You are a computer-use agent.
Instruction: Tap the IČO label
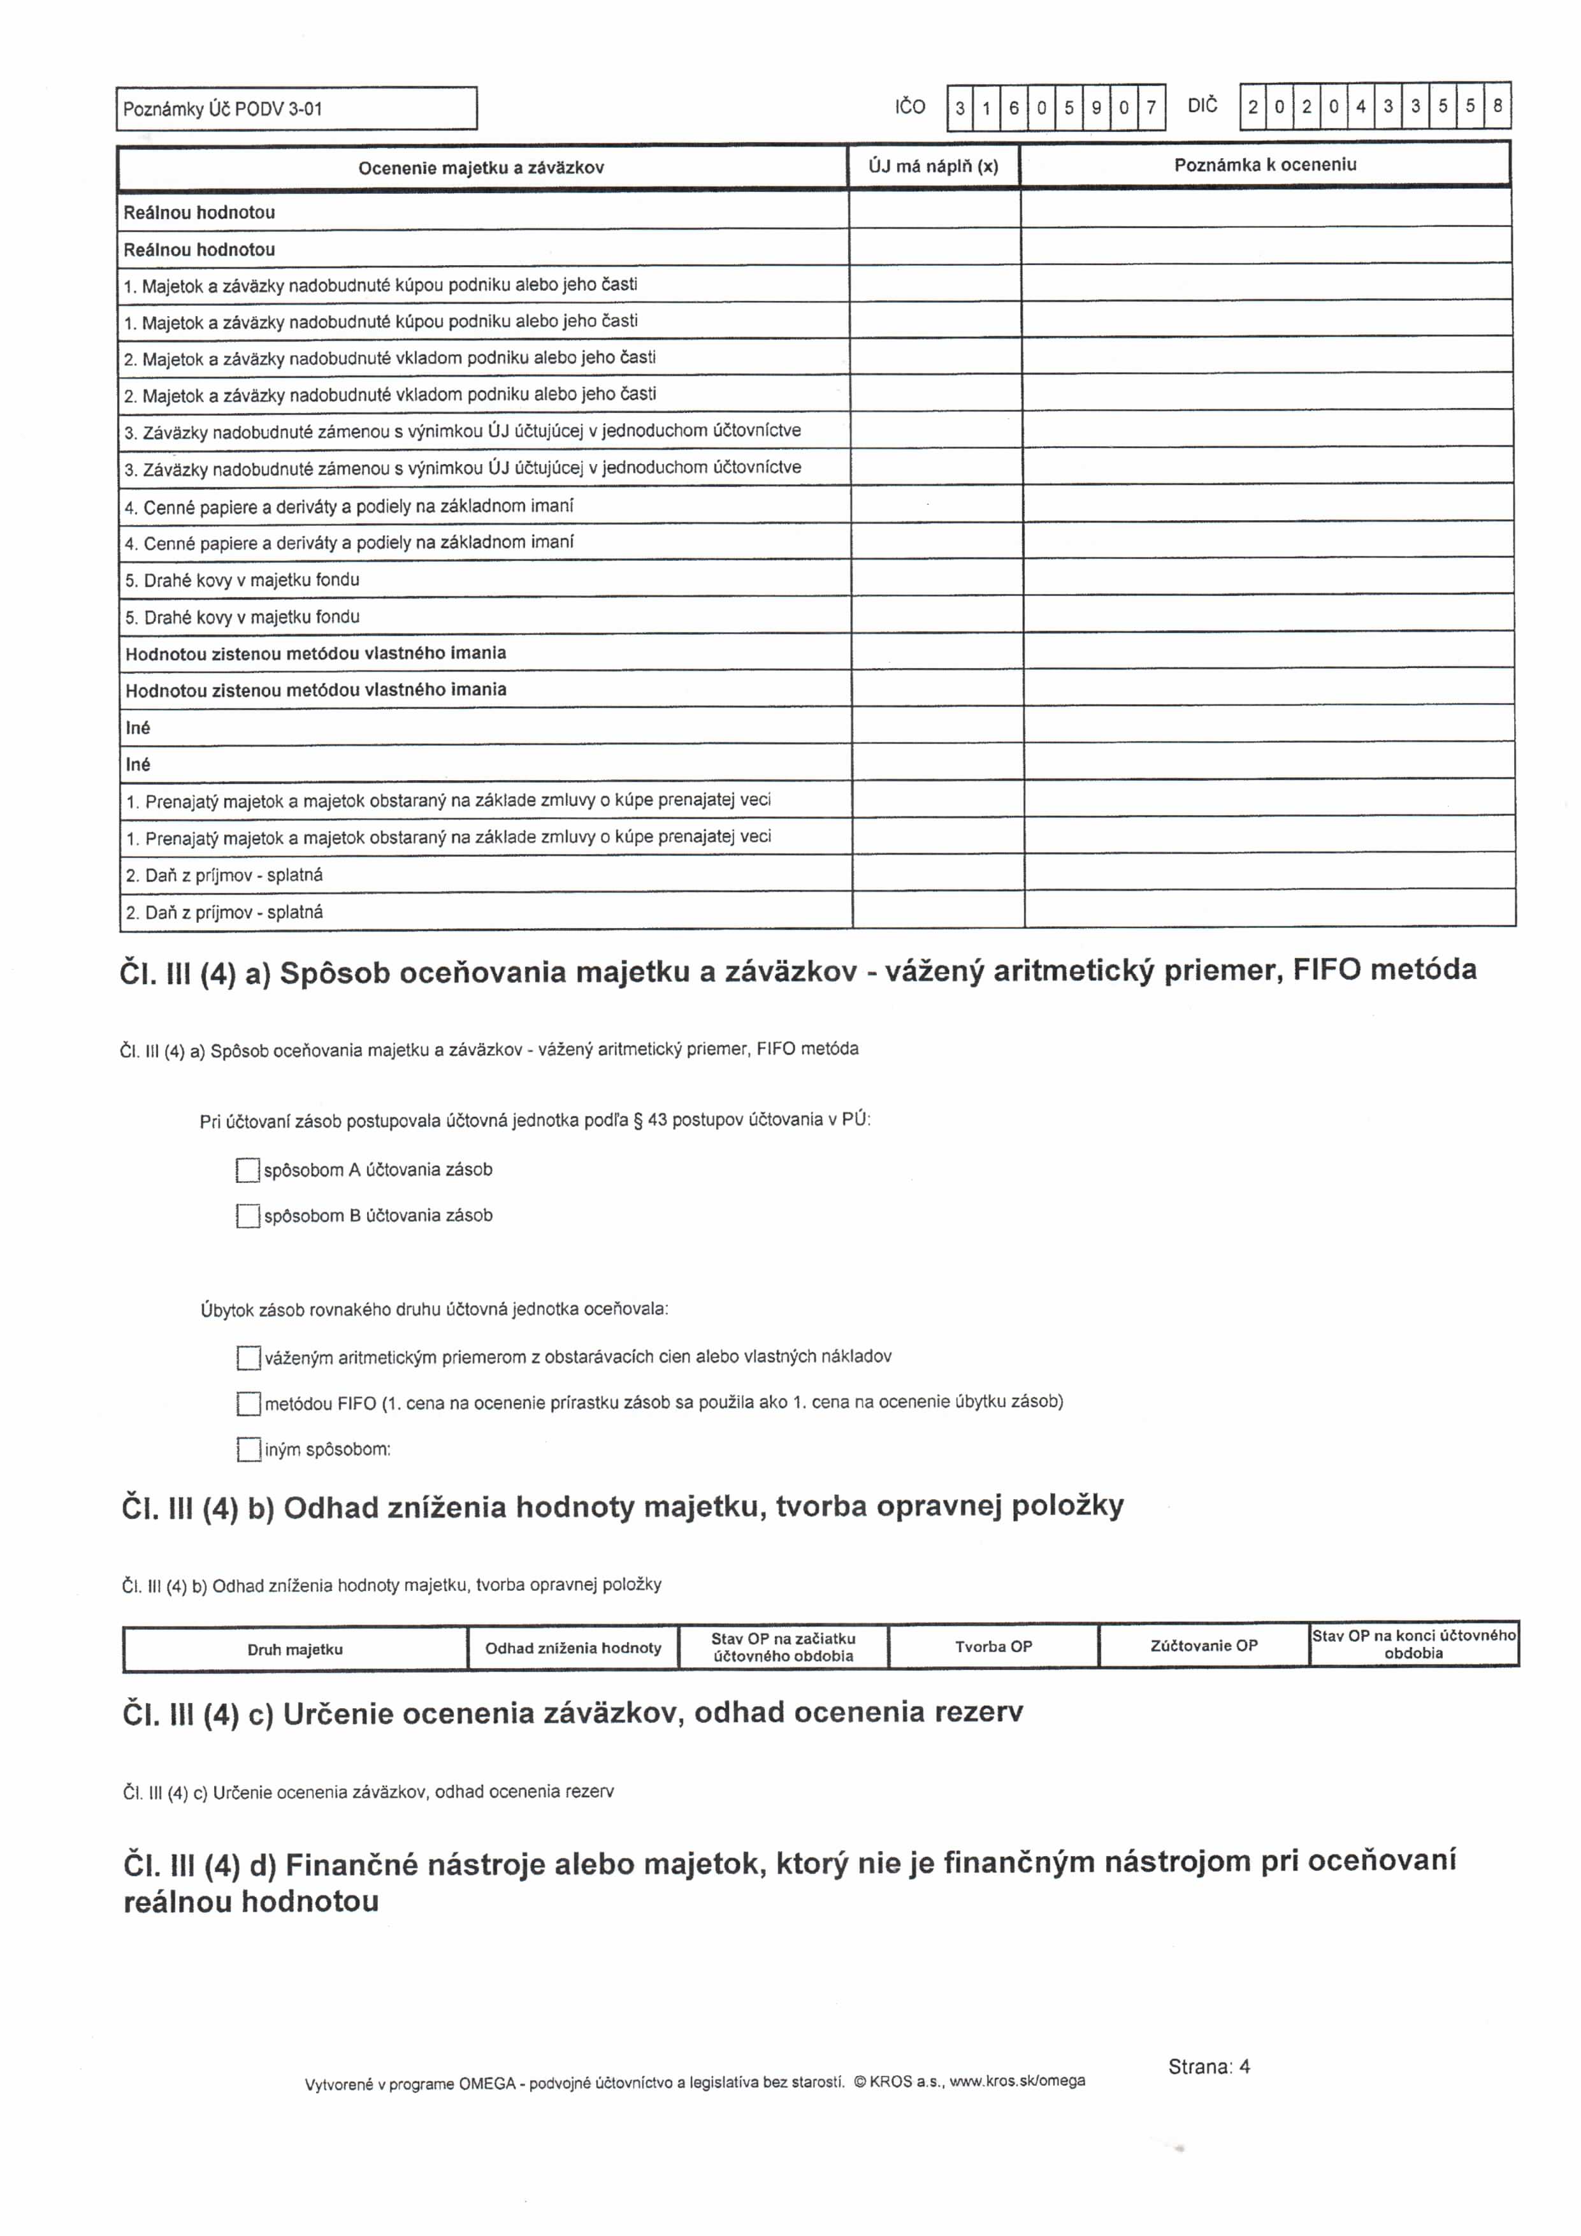pyautogui.click(x=909, y=107)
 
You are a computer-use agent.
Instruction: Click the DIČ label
pyautogui.click(x=1202, y=106)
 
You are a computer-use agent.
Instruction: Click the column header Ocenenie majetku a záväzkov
pyautogui.click(x=481, y=168)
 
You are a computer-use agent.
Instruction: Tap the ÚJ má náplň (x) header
pyautogui.click(x=934, y=166)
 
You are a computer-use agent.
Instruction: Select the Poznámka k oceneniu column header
pyautogui.click(x=1264, y=164)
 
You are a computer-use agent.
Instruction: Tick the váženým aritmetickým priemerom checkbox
pyautogui.click(x=249, y=1358)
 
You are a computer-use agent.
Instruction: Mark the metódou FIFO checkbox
pyautogui.click(x=249, y=1404)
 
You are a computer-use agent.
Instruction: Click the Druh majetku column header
pyautogui.click(x=295, y=1650)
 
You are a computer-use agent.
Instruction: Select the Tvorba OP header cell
pyautogui.click(x=993, y=1647)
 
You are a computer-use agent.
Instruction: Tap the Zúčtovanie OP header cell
pyautogui.click(x=1203, y=1646)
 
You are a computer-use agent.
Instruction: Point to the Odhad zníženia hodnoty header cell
pyautogui.click(x=572, y=1648)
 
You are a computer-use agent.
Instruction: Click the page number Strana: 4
pyautogui.click(x=1209, y=2066)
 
